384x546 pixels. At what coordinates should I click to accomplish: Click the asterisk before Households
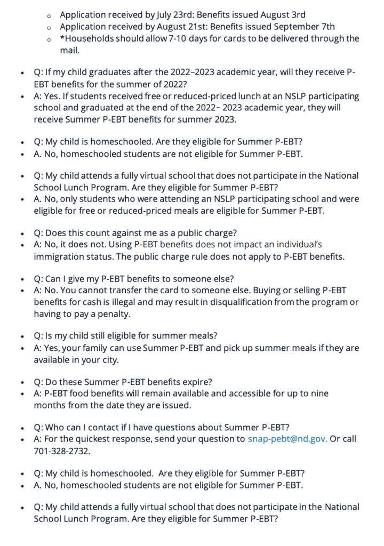[x=62, y=37]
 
